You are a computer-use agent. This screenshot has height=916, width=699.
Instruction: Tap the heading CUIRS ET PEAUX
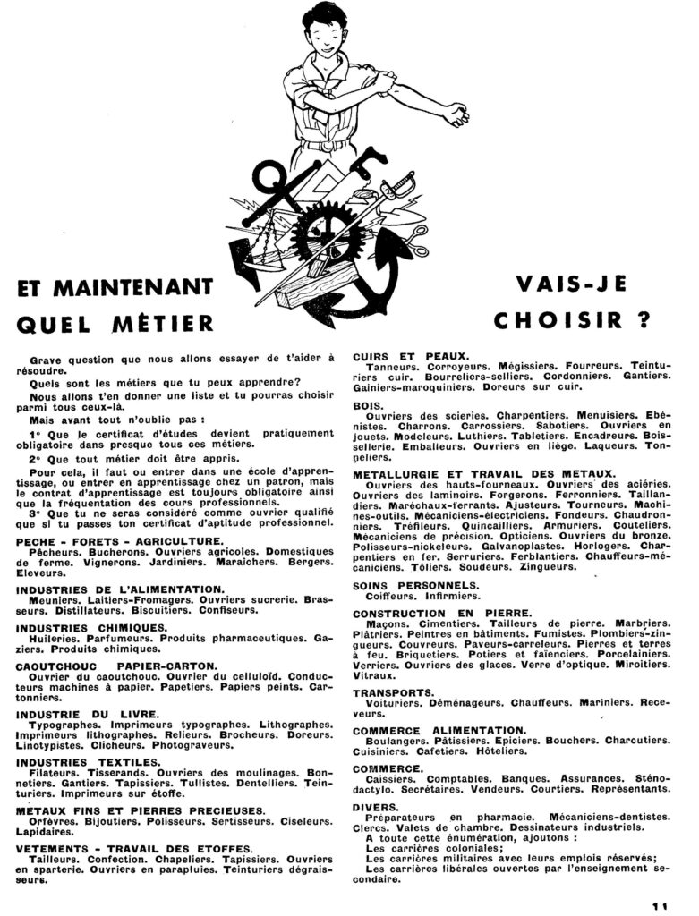tap(411, 355)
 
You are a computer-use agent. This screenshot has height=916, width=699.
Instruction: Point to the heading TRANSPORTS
tap(394, 692)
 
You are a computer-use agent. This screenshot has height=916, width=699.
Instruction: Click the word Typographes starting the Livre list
tap(66, 725)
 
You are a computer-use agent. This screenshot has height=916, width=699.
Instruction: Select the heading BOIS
tap(369, 404)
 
